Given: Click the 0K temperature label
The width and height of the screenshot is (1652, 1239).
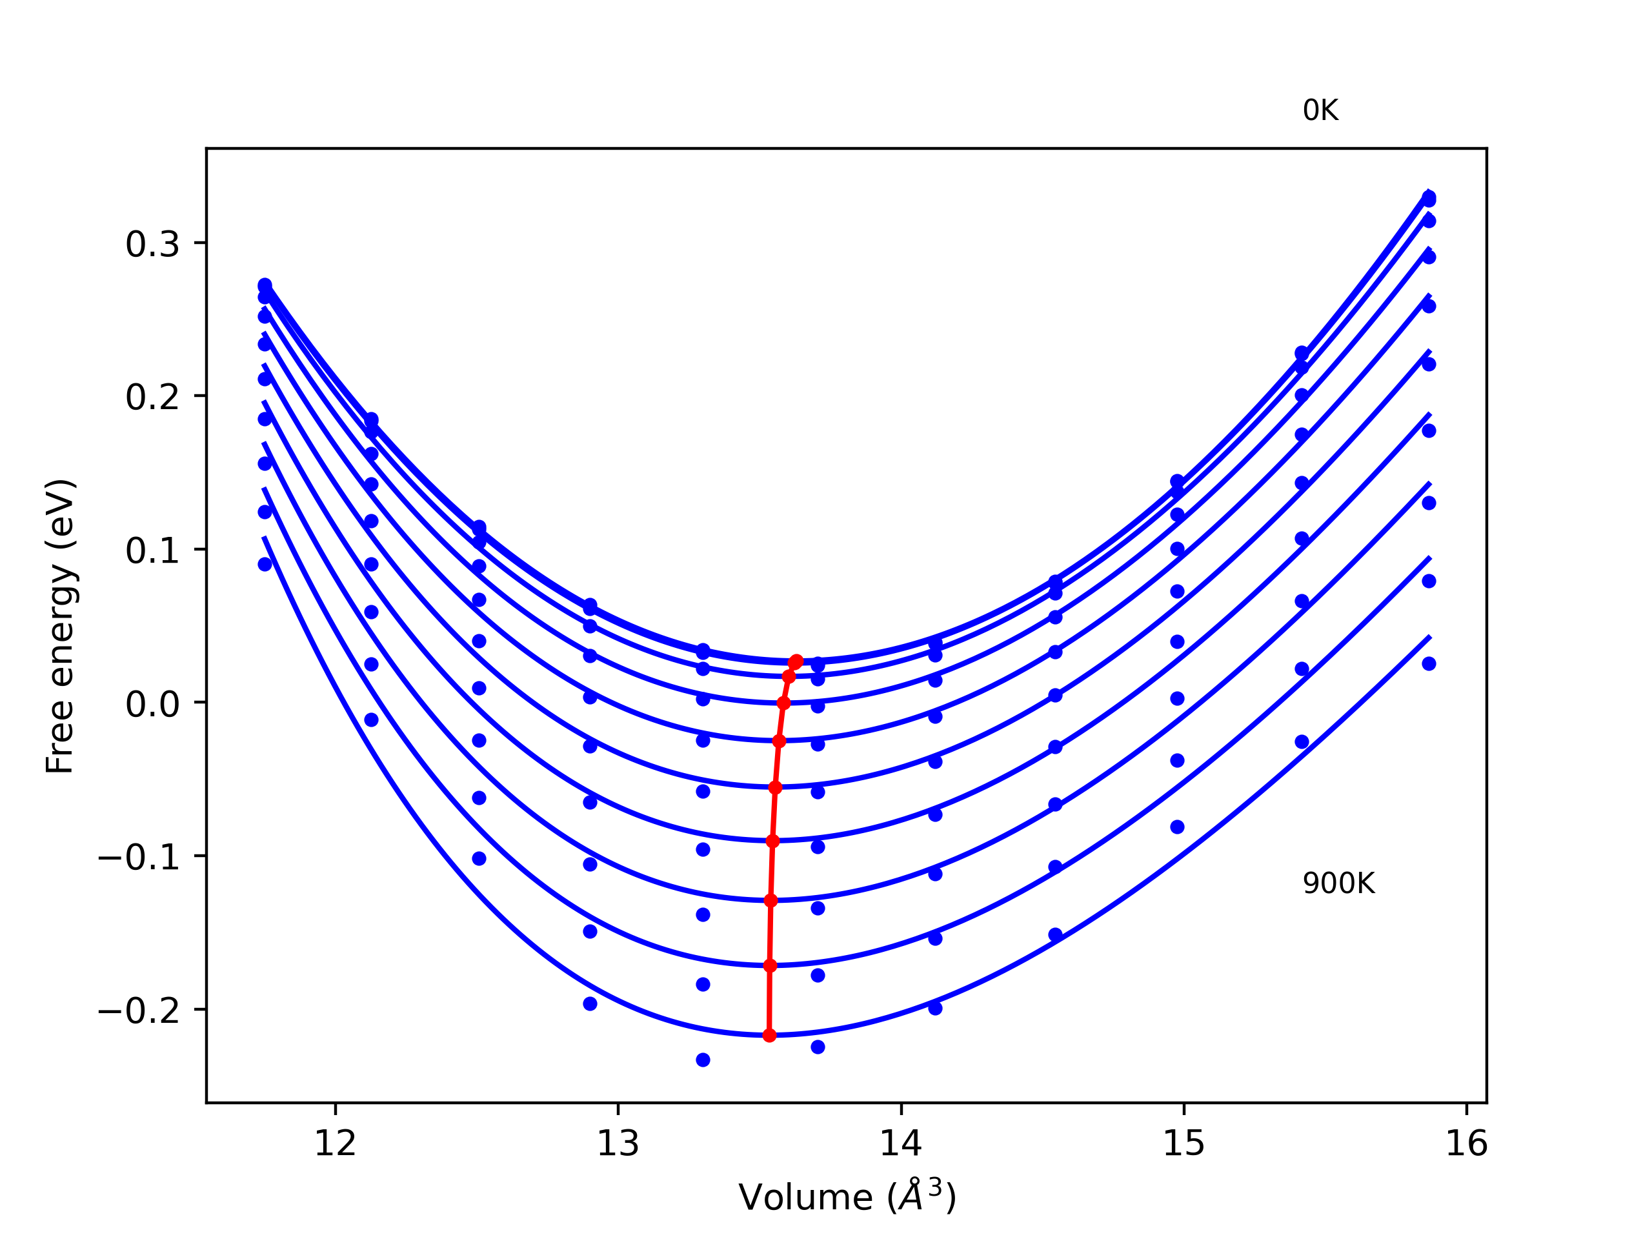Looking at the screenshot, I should tap(1320, 110).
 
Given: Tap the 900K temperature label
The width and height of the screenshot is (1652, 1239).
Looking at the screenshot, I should tap(1338, 883).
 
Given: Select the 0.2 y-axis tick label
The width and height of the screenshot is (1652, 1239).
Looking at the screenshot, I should tap(153, 397).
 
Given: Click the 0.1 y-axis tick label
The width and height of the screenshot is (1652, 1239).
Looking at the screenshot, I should tap(153, 550).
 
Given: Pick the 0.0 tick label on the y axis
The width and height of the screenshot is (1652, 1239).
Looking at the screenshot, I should tap(153, 703).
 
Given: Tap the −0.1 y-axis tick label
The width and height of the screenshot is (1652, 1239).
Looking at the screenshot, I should tap(139, 858).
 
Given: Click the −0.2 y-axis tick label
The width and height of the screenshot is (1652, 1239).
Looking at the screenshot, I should tap(139, 1011).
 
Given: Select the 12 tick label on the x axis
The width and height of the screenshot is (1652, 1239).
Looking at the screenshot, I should tap(336, 1143).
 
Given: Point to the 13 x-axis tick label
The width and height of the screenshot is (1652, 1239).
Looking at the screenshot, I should tap(618, 1143).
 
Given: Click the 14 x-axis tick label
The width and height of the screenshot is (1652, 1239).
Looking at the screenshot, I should tap(901, 1143).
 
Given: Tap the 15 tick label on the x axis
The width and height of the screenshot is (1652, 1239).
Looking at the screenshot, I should tap(1184, 1143).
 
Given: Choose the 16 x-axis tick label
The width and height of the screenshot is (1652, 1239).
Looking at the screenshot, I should tap(1467, 1143).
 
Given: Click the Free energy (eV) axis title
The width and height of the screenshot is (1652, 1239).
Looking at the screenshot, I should tap(60, 626).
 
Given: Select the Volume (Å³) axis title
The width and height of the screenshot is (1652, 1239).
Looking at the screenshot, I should tap(847, 1197).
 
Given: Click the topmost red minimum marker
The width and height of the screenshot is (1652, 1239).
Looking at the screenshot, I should tap(796, 661).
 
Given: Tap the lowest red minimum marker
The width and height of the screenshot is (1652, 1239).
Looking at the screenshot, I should tap(769, 1035).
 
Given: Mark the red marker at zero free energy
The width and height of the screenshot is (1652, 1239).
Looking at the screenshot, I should tap(783, 703).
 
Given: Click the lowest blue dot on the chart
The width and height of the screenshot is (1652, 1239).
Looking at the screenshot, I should tap(703, 1060).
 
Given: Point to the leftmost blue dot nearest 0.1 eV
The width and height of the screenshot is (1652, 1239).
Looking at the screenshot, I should tap(265, 564).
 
